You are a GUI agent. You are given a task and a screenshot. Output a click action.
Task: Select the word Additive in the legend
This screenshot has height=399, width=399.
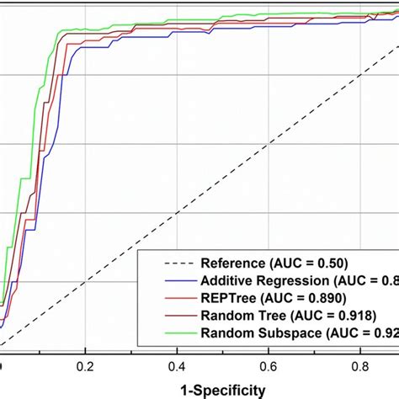(228, 279)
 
